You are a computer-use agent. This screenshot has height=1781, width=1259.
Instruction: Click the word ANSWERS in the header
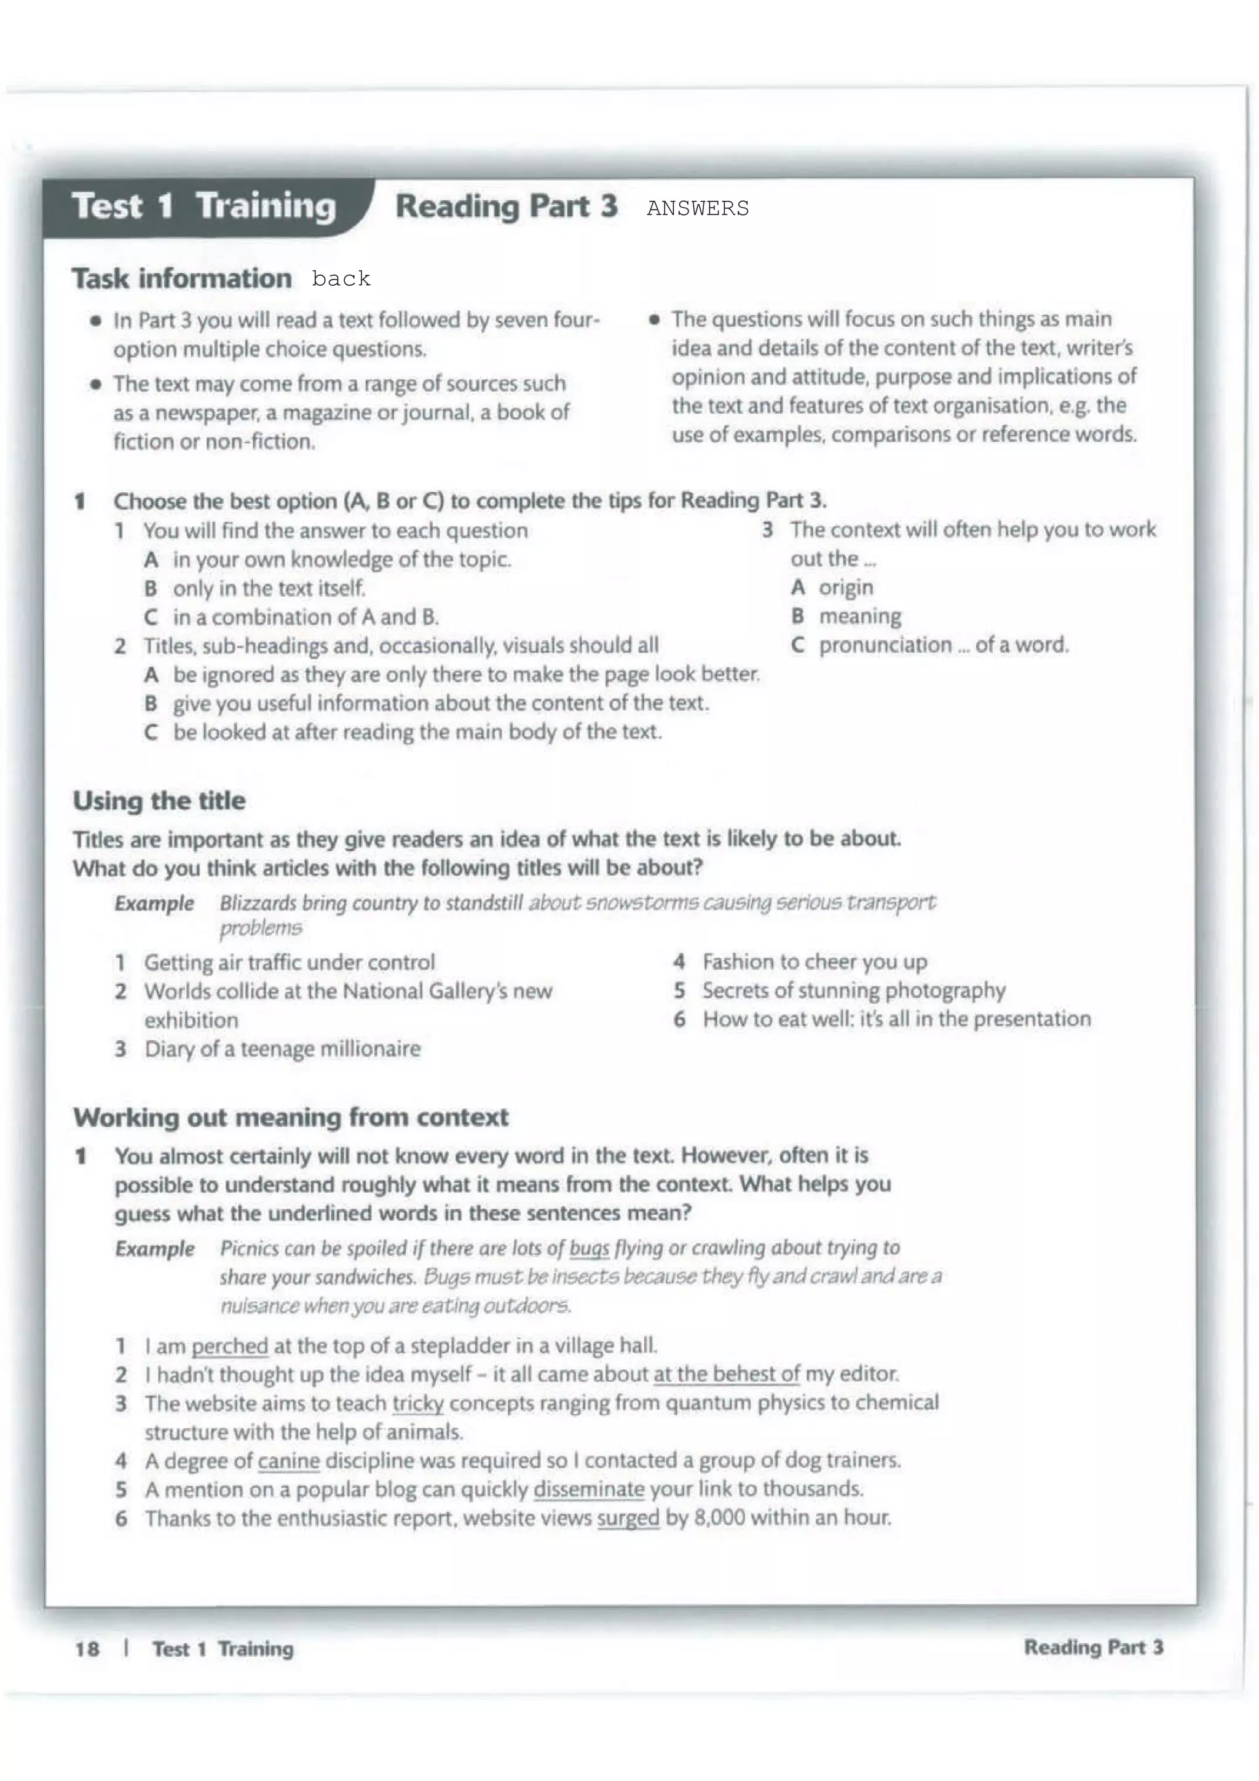[697, 209]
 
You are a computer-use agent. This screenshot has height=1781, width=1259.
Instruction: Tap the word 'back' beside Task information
[341, 279]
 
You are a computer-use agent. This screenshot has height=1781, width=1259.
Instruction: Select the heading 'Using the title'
[159, 801]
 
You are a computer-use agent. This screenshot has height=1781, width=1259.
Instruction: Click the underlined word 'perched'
[230, 1345]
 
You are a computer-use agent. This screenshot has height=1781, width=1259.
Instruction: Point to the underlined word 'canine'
[288, 1461]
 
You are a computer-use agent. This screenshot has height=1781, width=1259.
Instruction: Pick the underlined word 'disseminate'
[589, 1488]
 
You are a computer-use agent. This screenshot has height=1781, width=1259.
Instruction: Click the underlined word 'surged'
[628, 1517]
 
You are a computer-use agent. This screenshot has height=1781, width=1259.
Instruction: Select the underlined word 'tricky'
[418, 1403]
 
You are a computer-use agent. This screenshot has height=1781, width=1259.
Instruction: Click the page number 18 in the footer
[87, 1648]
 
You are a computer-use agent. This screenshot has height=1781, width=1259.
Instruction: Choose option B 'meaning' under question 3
[859, 616]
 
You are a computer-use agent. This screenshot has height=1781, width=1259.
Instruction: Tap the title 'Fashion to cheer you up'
[815, 962]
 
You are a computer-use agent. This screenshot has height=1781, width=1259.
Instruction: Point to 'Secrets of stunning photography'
[853, 991]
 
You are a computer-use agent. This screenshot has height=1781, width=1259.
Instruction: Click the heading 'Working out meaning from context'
[291, 1117]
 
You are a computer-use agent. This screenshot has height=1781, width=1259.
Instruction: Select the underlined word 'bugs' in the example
[589, 1248]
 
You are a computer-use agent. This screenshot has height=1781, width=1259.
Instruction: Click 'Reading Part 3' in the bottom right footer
[1093, 1647]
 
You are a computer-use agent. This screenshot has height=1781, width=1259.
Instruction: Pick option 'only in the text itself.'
[269, 588]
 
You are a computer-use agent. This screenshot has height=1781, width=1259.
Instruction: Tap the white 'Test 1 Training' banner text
[203, 206]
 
